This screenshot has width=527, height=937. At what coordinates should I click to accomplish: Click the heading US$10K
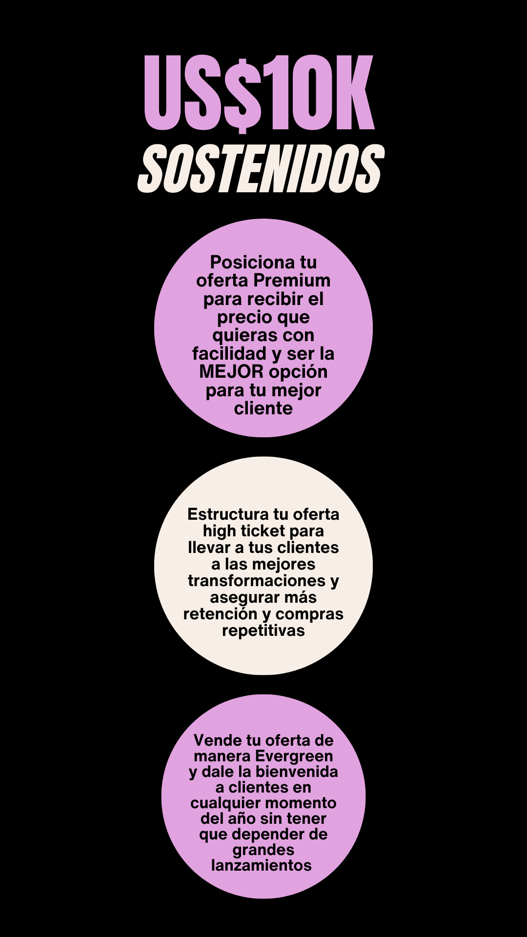(x=259, y=93)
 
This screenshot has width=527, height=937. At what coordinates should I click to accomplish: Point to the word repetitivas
(x=263, y=631)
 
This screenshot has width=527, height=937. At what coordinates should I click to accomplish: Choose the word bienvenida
(x=297, y=772)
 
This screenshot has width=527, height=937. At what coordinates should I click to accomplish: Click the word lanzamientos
(x=262, y=865)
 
